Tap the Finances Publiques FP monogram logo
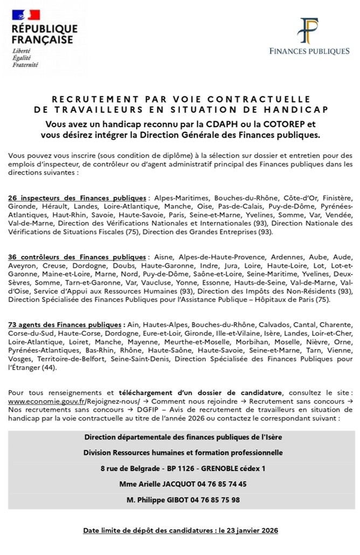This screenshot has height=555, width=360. pos(309,31)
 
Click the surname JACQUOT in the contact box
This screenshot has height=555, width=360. pos(175,484)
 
